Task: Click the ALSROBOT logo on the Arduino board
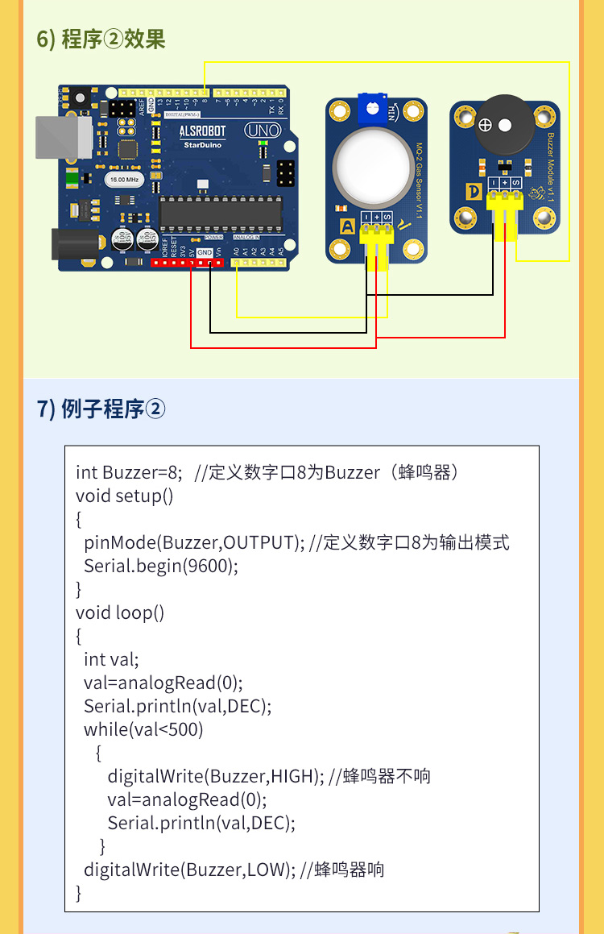pyautogui.click(x=202, y=130)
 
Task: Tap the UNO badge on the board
pyautogui.click(x=263, y=129)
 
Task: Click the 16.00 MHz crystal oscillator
pyautogui.click(x=125, y=178)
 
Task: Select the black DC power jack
pyautogui.click(x=77, y=243)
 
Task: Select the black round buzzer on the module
pyautogui.click(x=503, y=126)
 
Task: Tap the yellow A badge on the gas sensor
pyautogui.click(x=347, y=227)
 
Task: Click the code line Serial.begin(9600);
pyautogui.click(x=161, y=566)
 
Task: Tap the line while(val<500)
pyautogui.click(x=143, y=729)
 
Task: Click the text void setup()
pyautogui.click(x=125, y=496)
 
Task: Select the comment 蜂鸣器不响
pyautogui.click(x=387, y=776)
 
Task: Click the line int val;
pyautogui.click(x=111, y=659)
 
